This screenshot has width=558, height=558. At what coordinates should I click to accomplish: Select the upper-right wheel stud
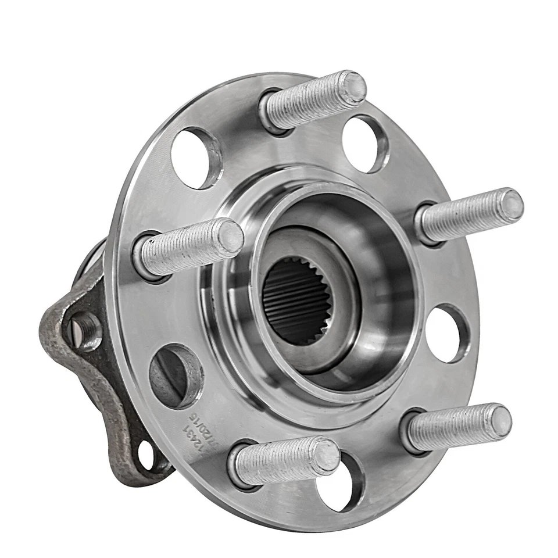(468, 215)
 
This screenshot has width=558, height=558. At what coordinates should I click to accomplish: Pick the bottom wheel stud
(285, 459)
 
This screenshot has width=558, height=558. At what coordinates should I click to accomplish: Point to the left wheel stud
(189, 247)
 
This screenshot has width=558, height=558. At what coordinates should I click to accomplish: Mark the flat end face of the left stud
(231, 237)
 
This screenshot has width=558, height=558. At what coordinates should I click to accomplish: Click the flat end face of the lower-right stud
(499, 420)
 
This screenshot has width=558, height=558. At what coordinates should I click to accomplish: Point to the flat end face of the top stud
(353, 87)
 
